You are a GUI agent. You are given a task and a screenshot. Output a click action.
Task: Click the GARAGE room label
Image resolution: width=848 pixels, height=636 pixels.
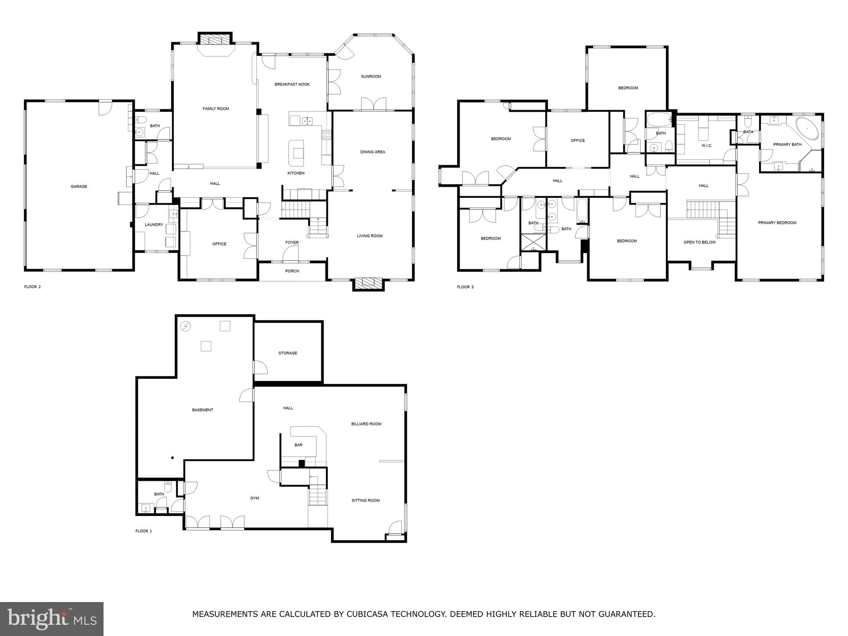click(79, 187)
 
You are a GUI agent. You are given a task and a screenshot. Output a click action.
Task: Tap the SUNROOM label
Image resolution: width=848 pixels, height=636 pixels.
click(371, 77)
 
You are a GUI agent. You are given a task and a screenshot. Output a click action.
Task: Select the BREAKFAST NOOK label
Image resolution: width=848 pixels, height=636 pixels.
click(292, 84)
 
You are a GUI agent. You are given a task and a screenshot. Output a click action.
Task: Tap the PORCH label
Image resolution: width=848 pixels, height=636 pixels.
click(292, 271)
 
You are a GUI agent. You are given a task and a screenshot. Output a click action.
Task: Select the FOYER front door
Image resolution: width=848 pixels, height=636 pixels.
click(291, 254)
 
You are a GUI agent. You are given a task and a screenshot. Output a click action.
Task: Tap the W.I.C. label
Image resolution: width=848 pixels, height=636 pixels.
click(707, 146)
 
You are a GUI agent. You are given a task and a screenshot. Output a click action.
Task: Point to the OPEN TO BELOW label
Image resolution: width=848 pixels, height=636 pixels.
click(699, 242)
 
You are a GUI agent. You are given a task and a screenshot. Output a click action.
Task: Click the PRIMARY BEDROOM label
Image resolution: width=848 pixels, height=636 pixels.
click(777, 223)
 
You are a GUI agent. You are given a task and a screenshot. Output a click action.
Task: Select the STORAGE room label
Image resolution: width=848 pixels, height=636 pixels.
click(288, 353)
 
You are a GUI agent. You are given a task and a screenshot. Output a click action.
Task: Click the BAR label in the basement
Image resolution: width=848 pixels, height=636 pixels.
click(298, 445)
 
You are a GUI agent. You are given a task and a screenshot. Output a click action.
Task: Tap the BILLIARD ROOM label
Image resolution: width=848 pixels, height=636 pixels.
click(366, 424)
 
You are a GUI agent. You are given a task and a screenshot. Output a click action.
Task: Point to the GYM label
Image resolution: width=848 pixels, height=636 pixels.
click(255, 498)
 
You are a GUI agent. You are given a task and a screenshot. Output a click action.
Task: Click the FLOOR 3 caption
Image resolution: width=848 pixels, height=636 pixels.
click(465, 287)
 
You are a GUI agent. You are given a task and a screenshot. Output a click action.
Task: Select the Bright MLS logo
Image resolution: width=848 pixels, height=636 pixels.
click(52, 619)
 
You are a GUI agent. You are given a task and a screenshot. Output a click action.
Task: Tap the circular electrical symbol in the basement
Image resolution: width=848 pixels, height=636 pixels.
click(186, 326)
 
